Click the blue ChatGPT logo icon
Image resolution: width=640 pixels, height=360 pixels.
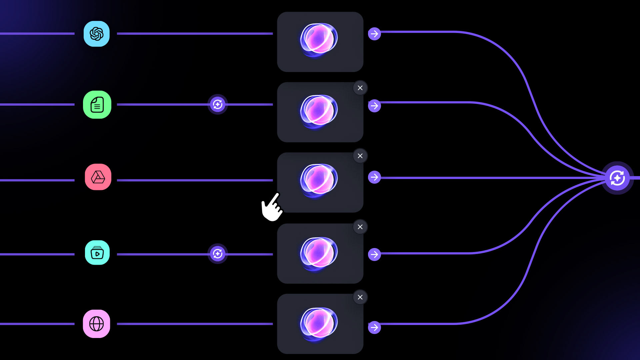(97, 34)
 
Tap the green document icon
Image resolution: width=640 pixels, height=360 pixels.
(97, 105)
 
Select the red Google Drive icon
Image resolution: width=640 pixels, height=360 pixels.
(98, 177)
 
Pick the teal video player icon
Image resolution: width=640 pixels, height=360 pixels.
(97, 253)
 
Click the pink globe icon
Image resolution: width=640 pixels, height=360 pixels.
(97, 324)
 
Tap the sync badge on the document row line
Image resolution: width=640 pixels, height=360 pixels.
(218, 105)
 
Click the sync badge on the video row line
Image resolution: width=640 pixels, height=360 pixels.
(218, 254)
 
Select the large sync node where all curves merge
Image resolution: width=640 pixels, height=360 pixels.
(617, 178)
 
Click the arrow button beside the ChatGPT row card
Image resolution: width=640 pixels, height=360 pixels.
(374, 34)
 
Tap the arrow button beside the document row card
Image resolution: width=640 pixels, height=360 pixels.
(374, 106)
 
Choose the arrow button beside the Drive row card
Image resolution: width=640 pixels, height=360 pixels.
(374, 177)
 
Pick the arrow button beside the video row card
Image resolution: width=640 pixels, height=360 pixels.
(374, 254)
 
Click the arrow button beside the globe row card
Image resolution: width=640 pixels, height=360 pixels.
(374, 327)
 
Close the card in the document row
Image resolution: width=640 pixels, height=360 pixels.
(360, 88)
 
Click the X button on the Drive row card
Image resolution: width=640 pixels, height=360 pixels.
(360, 156)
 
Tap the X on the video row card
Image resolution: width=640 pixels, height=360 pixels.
(360, 227)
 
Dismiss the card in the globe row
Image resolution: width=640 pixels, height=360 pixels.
(360, 297)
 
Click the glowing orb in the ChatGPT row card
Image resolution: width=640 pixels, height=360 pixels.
(319, 39)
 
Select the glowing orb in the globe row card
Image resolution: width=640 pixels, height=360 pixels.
(319, 323)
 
